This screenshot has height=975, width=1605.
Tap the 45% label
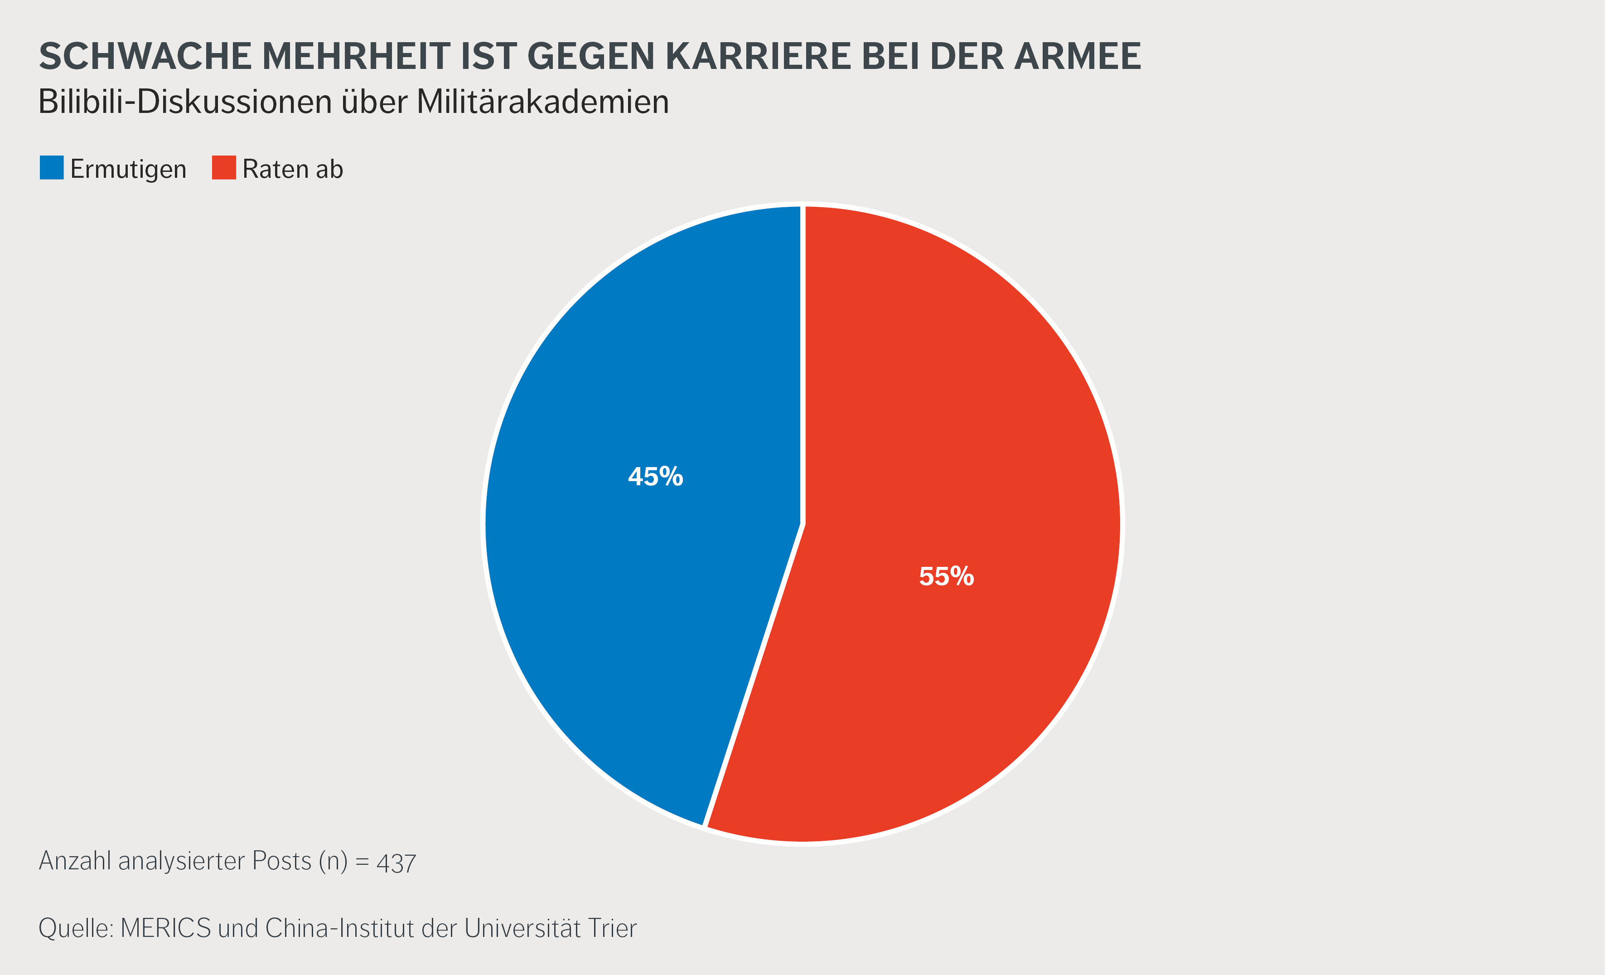[x=655, y=477]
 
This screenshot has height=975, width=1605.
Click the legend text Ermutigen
[x=128, y=170]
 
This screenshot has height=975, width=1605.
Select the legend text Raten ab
[x=292, y=170]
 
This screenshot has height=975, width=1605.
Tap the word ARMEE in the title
[x=1078, y=56]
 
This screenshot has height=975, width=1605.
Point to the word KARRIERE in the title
[x=758, y=56]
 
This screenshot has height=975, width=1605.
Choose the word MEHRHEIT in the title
[x=356, y=56]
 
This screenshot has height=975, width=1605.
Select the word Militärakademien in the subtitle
[x=542, y=102]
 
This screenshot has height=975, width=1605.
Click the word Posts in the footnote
[x=281, y=861]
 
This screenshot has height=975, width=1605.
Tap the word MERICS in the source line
[x=165, y=928]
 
